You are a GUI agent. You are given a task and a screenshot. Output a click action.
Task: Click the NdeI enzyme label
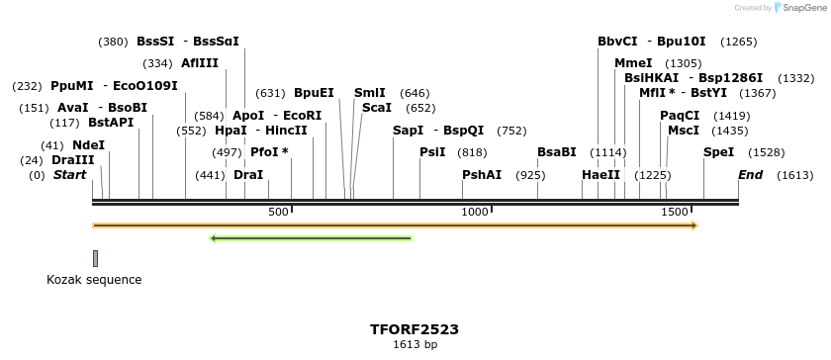[x=88, y=144]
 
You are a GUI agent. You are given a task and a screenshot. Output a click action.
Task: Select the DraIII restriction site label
[x=73, y=160]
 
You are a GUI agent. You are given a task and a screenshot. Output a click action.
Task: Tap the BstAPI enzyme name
[x=111, y=123]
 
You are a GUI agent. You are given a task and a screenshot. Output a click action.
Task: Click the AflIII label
[x=200, y=63]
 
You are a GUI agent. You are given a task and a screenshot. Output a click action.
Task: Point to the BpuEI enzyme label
[x=314, y=93]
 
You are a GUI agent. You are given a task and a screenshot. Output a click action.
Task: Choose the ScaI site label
[x=377, y=108]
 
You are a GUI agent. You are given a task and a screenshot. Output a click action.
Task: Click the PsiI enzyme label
[x=432, y=152]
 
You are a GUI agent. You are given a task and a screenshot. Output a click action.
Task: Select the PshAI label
[x=482, y=175]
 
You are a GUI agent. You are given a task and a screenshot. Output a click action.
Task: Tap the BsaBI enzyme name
[x=556, y=152]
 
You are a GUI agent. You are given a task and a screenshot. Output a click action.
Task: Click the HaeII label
[x=600, y=175]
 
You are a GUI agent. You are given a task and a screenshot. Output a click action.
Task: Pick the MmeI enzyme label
[x=633, y=63]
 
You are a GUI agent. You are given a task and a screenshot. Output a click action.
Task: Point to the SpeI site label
[x=718, y=152]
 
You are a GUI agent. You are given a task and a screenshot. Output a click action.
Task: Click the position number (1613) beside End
[x=794, y=175]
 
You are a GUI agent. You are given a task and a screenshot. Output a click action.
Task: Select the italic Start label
[x=69, y=175]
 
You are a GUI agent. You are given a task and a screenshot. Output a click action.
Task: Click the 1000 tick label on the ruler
[x=475, y=212]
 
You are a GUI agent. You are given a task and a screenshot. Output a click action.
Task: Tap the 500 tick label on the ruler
[x=278, y=212]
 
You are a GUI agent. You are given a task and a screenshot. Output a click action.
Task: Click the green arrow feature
[x=311, y=238]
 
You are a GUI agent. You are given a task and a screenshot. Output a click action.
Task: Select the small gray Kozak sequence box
[x=95, y=258]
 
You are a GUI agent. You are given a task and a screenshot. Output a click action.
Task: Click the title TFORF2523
[x=415, y=329]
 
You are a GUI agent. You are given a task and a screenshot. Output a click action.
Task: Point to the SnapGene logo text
[x=804, y=8]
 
